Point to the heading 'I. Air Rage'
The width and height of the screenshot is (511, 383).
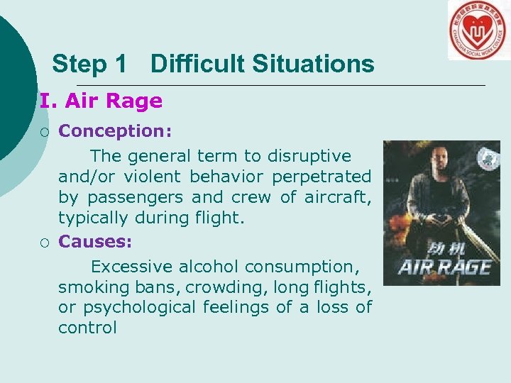(101, 101)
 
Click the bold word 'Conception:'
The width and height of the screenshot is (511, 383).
(114, 131)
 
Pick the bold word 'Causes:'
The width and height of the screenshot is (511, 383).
(95, 241)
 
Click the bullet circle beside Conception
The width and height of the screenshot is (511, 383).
(45, 131)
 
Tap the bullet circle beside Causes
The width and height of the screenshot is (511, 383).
(45, 243)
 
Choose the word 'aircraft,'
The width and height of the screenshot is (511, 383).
(337, 196)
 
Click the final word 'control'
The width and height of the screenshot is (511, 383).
(87, 328)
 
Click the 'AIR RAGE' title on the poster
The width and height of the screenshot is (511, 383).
(444, 267)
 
